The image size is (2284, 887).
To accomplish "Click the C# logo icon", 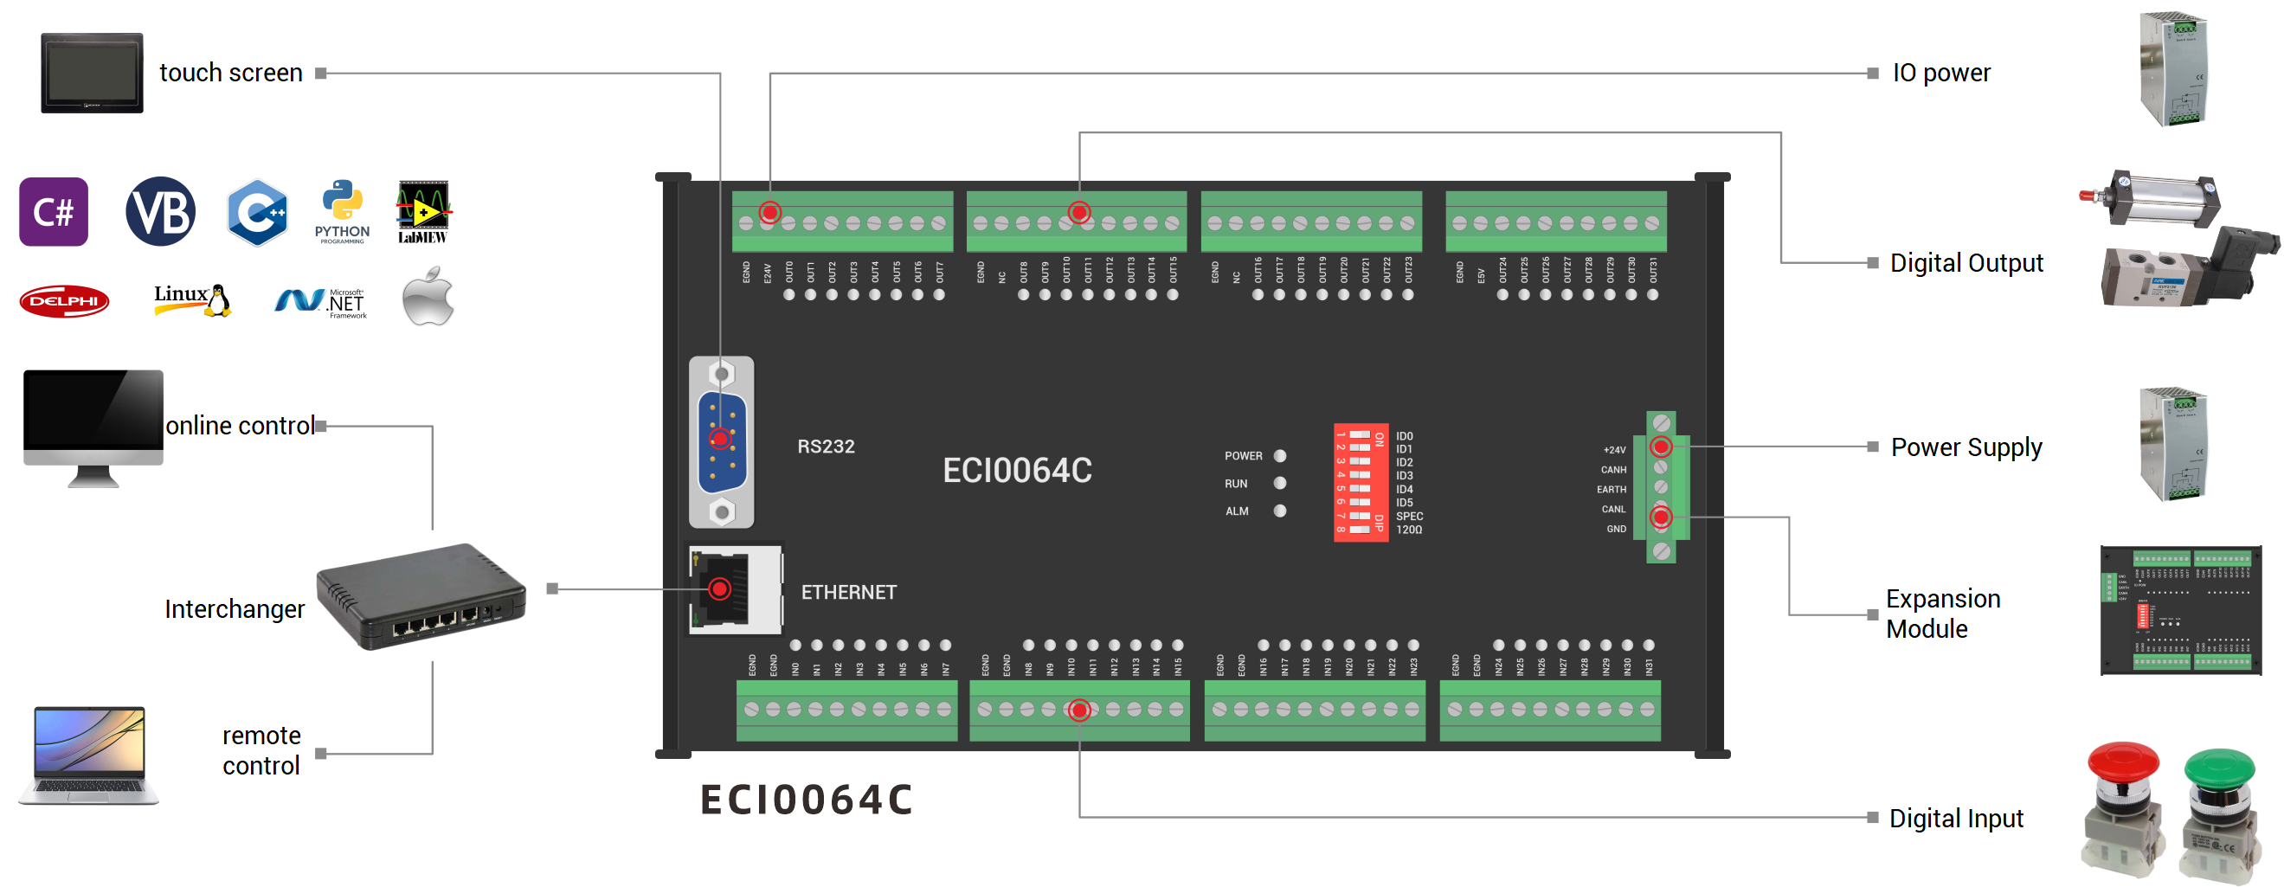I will (53, 212).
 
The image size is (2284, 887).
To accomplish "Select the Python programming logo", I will (342, 211).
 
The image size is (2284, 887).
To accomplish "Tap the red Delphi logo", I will (64, 301).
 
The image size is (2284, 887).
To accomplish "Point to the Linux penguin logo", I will (217, 300).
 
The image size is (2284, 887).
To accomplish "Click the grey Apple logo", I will (428, 298).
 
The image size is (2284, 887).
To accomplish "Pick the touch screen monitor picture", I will (92, 73).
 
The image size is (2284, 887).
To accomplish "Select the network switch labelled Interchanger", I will (421, 596).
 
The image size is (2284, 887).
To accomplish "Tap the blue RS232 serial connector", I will (722, 441).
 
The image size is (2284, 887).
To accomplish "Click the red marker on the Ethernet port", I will (720, 588).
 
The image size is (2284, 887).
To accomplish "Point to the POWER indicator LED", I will (1279, 455).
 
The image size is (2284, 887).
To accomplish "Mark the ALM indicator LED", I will (1279, 511).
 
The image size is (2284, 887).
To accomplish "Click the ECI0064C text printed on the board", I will (1017, 471).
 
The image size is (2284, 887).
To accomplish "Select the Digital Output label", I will (1966, 263).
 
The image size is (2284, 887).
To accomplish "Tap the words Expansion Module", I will (1942, 614).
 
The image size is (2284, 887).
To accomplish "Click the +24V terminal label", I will (1615, 450).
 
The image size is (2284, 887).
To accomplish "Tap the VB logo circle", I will (160, 212).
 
